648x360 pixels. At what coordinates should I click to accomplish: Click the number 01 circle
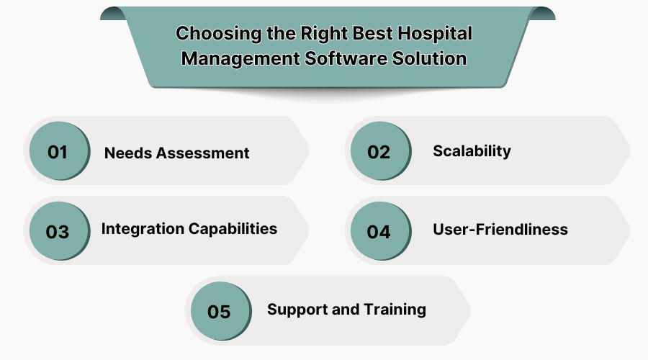pyautogui.click(x=58, y=152)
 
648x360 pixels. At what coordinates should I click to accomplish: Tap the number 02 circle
pyautogui.click(x=379, y=152)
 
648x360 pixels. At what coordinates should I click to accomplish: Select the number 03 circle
pyautogui.click(x=58, y=232)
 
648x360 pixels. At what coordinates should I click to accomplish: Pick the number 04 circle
pyautogui.click(x=379, y=232)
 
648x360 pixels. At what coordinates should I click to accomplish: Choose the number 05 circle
pyautogui.click(x=219, y=312)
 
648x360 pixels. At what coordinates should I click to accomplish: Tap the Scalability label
pyautogui.click(x=472, y=150)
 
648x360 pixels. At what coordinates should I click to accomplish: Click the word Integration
pyautogui.click(x=142, y=229)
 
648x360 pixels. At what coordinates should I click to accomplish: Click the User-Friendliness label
pyautogui.click(x=500, y=230)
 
